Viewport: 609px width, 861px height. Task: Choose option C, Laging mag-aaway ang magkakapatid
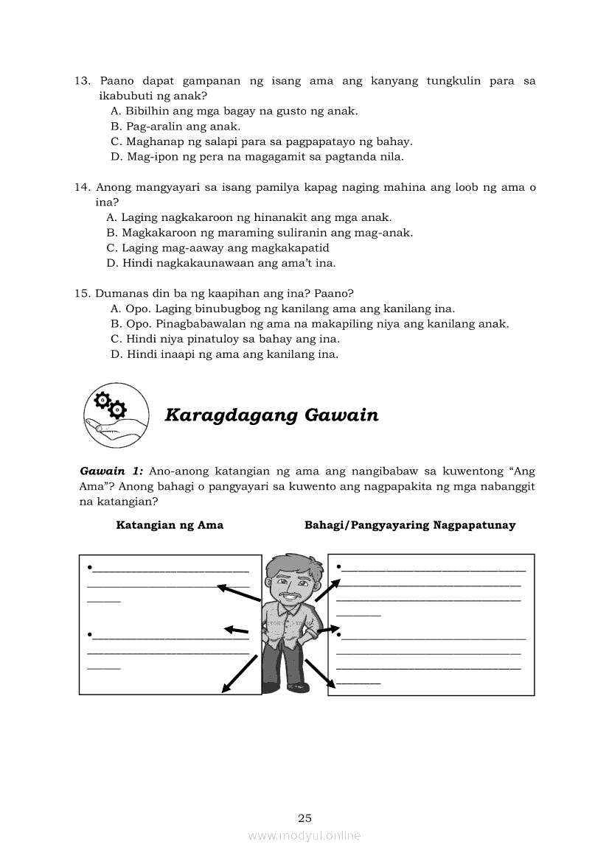217,248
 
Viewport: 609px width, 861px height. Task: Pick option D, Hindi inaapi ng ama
225,354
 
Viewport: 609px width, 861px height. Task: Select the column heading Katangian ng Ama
170,525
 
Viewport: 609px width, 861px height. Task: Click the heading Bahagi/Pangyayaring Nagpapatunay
410,525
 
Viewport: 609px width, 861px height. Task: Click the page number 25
305,818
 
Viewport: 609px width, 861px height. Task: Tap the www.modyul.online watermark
304,836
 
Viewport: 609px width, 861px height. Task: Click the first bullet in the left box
89,567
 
